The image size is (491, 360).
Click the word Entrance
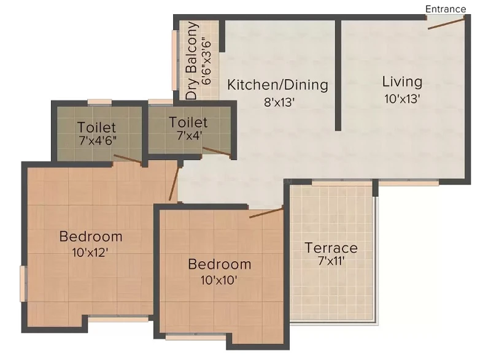446,9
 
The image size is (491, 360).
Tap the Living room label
402,82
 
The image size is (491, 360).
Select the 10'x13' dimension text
402,99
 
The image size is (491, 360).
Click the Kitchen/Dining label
277,85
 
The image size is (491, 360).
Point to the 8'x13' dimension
279,102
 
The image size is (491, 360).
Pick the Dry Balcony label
191,60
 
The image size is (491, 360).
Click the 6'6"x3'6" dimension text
206,61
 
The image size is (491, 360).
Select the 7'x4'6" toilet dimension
98,140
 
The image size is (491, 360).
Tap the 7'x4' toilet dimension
190,136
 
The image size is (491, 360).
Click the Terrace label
331,248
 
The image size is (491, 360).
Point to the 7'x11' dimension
331,261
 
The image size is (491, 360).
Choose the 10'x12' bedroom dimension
90,252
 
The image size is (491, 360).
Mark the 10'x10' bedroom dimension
218,280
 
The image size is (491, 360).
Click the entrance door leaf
446,24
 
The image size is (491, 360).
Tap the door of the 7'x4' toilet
217,151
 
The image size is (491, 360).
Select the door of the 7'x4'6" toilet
128,159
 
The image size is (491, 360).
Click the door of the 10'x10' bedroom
266,212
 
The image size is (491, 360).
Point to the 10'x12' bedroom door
174,183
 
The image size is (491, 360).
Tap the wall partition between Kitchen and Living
338,75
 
